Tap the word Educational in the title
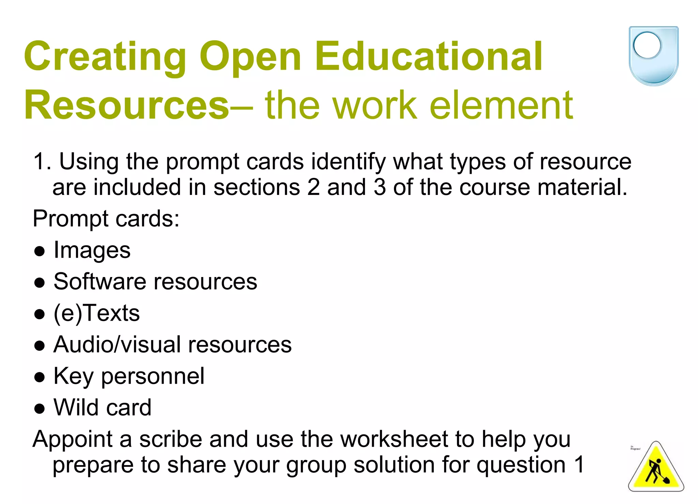pyautogui.click(x=429, y=57)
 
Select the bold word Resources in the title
pyautogui.click(x=126, y=105)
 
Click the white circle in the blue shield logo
pyautogui.click(x=647, y=45)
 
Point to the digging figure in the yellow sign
pyautogui.click(x=656, y=472)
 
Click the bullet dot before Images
pyautogui.click(x=40, y=251)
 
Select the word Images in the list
pyautogui.click(x=92, y=250)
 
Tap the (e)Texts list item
pyautogui.click(x=97, y=313)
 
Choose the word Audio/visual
pyautogui.click(x=117, y=345)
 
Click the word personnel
pyautogui.click(x=153, y=376)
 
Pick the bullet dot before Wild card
pyautogui.click(x=40, y=408)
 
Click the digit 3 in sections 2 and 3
pyautogui.click(x=379, y=187)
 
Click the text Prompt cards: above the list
pyautogui.click(x=106, y=219)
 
